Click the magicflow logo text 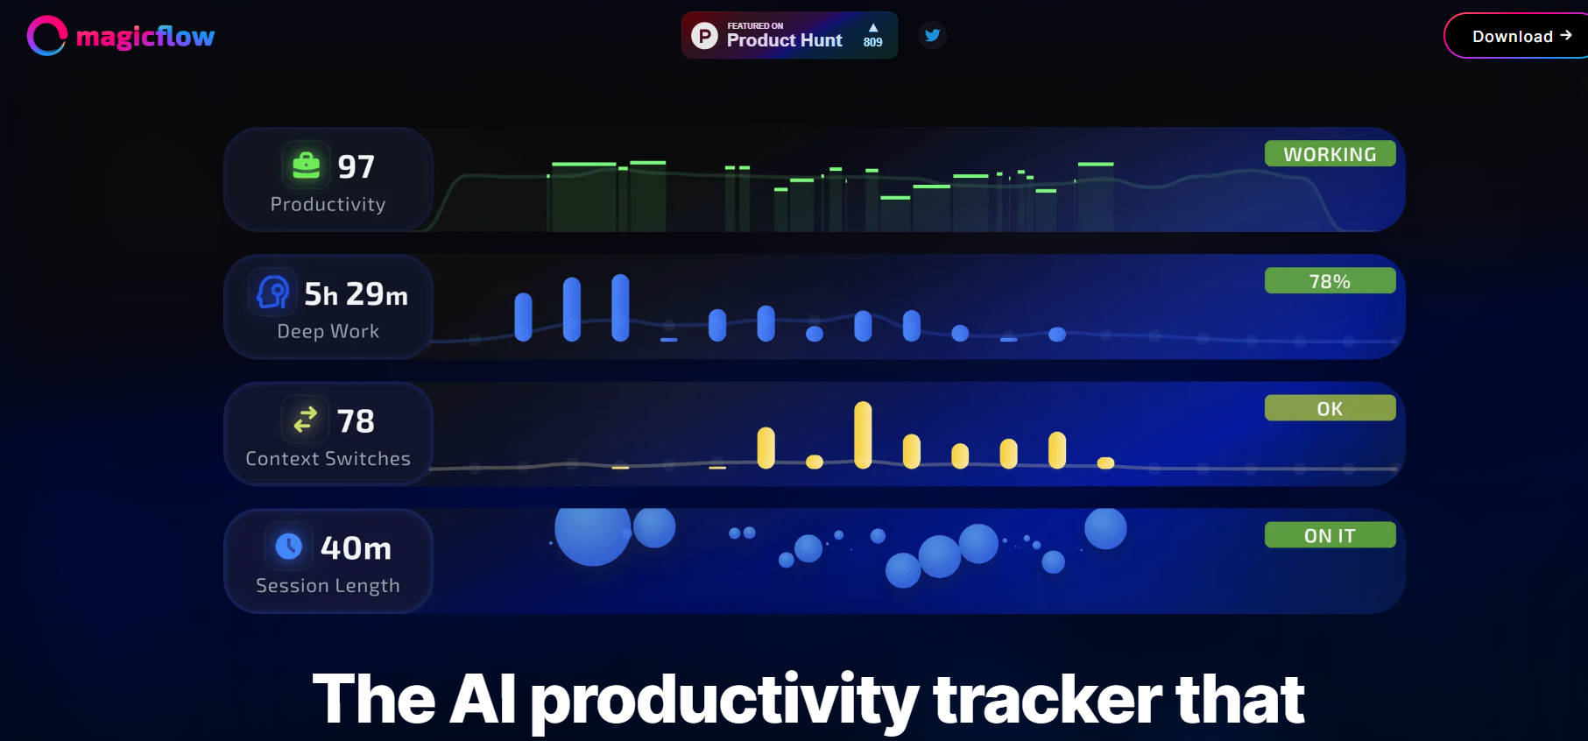(145, 36)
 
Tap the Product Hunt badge (789, 35)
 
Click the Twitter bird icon (933, 35)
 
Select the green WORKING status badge (1330, 154)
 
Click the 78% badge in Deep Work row (1330, 281)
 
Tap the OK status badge (1330, 408)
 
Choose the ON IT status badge (1330, 535)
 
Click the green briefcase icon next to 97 (306, 165)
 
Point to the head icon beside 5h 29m (272, 292)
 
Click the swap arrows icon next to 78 (305, 420)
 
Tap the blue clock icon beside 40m (288, 547)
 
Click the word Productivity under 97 (328, 204)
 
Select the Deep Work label (328, 331)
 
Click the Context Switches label (328, 458)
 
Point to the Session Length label (328, 586)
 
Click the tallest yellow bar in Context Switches (863, 434)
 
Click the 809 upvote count (872, 42)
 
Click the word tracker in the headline (1047, 700)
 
